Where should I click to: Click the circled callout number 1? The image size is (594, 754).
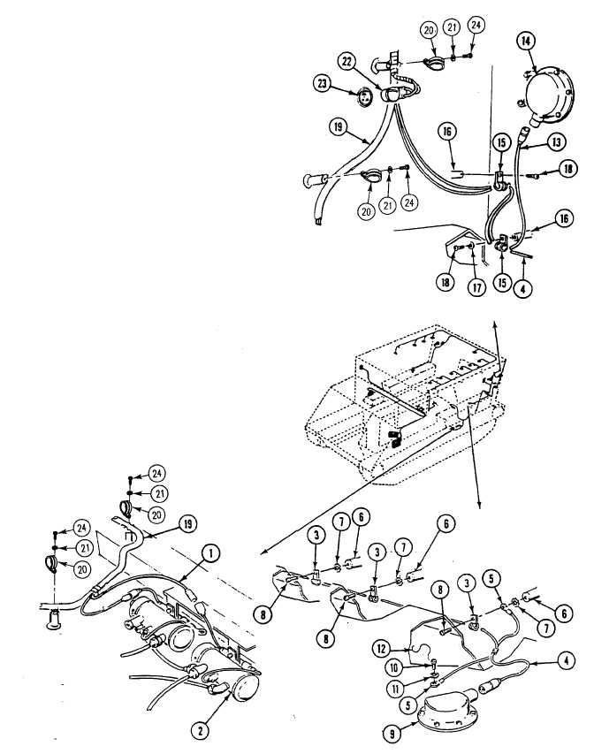(x=210, y=553)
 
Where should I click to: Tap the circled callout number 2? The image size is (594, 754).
(x=200, y=731)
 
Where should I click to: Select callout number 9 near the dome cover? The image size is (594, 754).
(x=392, y=734)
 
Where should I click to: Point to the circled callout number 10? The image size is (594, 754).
(x=395, y=668)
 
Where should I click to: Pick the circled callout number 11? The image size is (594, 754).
(x=395, y=689)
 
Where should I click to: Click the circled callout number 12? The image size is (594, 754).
(x=381, y=649)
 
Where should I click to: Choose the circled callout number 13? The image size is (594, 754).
(x=557, y=141)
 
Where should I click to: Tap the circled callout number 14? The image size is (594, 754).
(x=526, y=41)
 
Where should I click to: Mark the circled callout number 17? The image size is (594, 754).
(x=476, y=287)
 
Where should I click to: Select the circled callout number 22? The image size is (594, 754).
(x=347, y=61)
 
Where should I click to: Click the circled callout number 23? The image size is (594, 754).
(x=322, y=84)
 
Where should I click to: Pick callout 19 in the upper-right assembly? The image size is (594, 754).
(x=339, y=127)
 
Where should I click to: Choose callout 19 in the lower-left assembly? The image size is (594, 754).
(x=187, y=523)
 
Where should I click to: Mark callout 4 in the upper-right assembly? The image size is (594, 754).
(x=522, y=288)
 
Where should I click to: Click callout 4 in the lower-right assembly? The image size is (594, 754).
(x=566, y=660)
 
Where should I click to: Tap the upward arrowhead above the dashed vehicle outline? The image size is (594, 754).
(x=494, y=323)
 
